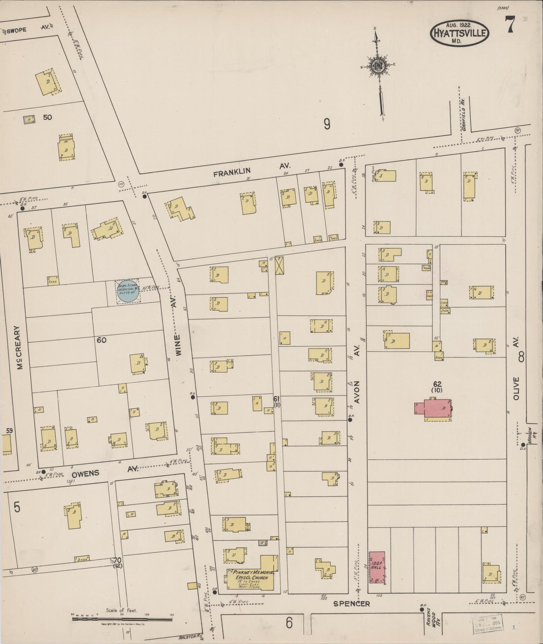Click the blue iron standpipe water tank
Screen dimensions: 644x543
pos(128,291)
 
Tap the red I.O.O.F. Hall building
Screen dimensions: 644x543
pos(377,567)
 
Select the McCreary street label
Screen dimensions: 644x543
pos(20,348)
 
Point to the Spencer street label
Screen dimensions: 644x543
pos(351,604)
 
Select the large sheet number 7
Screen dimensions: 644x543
pos(510,26)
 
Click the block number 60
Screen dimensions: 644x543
pos(101,340)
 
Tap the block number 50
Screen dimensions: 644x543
pos(47,117)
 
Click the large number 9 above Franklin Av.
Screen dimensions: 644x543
pos(327,124)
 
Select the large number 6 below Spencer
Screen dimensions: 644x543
pos(289,623)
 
